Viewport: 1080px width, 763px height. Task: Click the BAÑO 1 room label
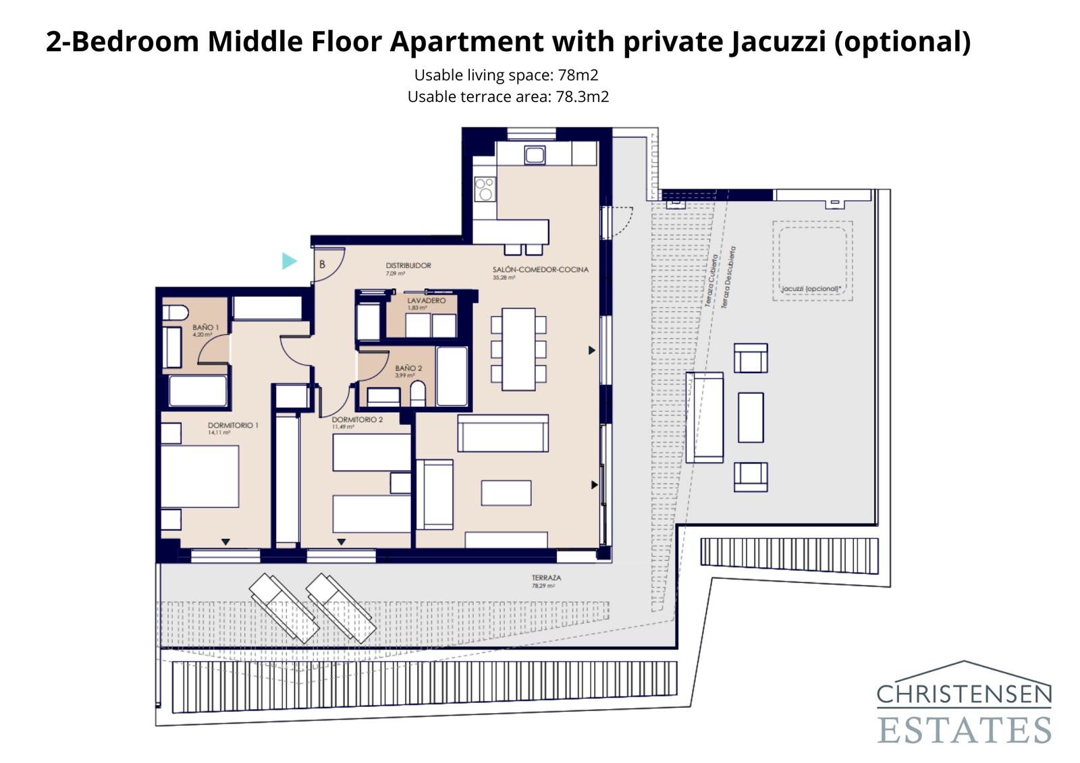(205, 327)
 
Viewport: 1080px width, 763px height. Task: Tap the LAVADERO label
(426, 301)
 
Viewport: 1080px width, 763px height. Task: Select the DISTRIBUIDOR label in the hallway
(408, 266)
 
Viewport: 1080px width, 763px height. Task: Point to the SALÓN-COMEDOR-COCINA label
(540, 270)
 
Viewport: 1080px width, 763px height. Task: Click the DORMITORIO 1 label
(232, 426)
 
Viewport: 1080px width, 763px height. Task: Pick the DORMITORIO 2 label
(356, 420)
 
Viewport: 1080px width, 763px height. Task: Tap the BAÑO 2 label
(408, 368)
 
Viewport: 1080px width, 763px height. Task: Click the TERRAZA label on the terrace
(546, 578)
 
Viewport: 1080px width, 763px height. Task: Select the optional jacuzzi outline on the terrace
(812, 260)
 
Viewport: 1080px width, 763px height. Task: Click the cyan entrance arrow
(289, 261)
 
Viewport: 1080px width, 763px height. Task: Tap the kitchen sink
(535, 155)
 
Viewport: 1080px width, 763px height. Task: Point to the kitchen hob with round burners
(485, 189)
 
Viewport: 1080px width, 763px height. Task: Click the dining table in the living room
(518, 349)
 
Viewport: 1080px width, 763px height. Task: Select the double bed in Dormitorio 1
(200, 476)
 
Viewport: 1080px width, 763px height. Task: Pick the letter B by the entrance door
(322, 264)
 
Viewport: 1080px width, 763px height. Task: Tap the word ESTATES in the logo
(964, 731)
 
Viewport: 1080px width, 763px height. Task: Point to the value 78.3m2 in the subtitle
(582, 97)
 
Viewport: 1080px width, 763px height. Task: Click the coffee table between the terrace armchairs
(751, 418)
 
